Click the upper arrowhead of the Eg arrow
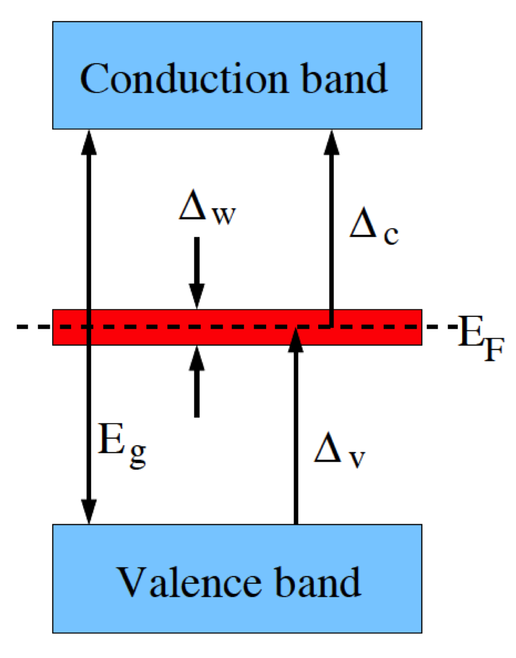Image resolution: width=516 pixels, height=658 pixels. pyautogui.click(x=89, y=140)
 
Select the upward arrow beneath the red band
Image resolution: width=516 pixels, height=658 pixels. pyautogui.click(x=197, y=380)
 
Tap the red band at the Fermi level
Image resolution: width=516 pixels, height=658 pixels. pyautogui.click(x=176, y=328)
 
